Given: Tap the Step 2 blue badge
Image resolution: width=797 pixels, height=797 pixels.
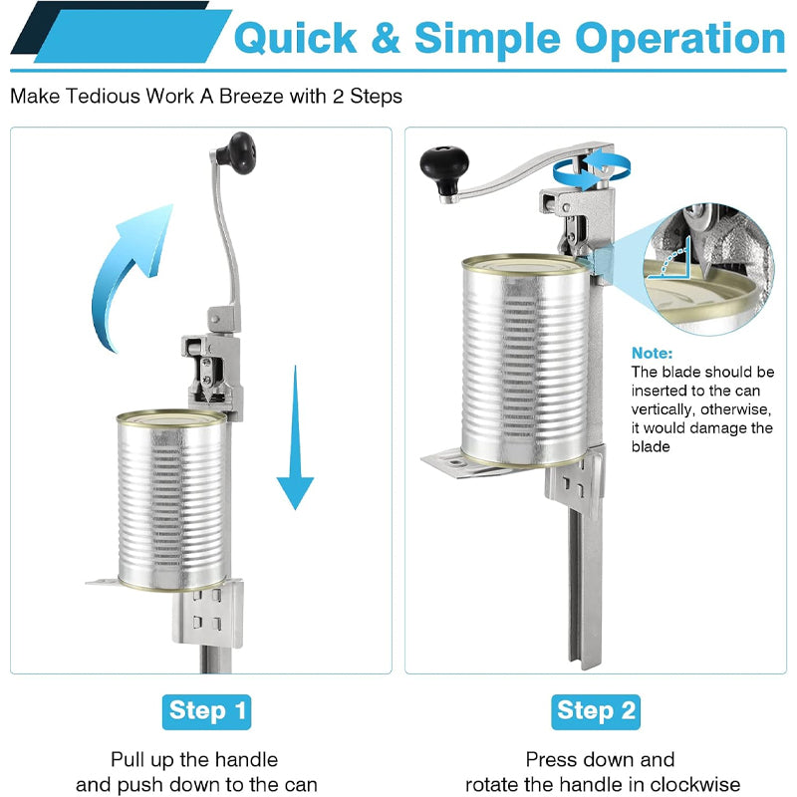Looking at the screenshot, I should coord(595,710).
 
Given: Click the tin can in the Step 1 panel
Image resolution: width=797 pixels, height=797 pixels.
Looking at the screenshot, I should coord(172,501).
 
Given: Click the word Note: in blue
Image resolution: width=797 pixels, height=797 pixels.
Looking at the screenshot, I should coord(653,353).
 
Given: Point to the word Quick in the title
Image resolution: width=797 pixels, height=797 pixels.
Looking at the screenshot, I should coord(296,39).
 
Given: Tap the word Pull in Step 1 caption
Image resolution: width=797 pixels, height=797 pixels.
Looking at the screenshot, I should coord(130,759).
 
